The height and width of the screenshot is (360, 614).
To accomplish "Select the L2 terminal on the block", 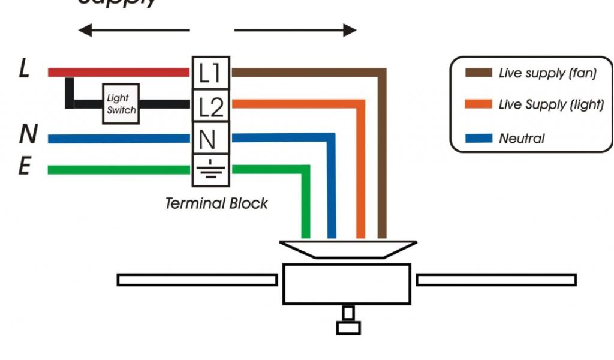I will pyautogui.click(x=210, y=106).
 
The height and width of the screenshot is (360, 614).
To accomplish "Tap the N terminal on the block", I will pyautogui.click(x=207, y=139).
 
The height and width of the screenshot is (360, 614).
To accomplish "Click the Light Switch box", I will pyautogui.click(x=121, y=104).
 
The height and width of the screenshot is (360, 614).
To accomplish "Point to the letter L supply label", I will pyautogui.click(x=24, y=69).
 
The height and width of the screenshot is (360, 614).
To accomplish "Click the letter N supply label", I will pyautogui.click(x=27, y=135).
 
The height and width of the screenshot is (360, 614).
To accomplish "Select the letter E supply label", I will pyautogui.click(x=24, y=166).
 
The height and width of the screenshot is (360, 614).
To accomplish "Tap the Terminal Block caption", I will pyautogui.click(x=216, y=203).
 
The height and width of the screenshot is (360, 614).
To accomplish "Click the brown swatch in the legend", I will pyautogui.click(x=478, y=73).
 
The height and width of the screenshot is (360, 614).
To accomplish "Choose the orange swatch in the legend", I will pyautogui.click(x=478, y=104).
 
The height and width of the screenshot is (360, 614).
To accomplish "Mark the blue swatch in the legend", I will pyautogui.click(x=478, y=139).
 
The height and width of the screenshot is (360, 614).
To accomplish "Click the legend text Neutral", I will pyautogui.click(x=522, y=139).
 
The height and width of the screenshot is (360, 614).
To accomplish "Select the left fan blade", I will pyautogui.click(x=197, y=280).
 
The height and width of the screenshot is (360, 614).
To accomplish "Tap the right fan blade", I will pyautogui.click(x=496, y=280).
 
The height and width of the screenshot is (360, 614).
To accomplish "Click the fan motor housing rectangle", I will pyautogui.click(x=347, y=283).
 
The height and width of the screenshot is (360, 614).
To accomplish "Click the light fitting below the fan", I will pyautogui.click(x=348, y=321).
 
